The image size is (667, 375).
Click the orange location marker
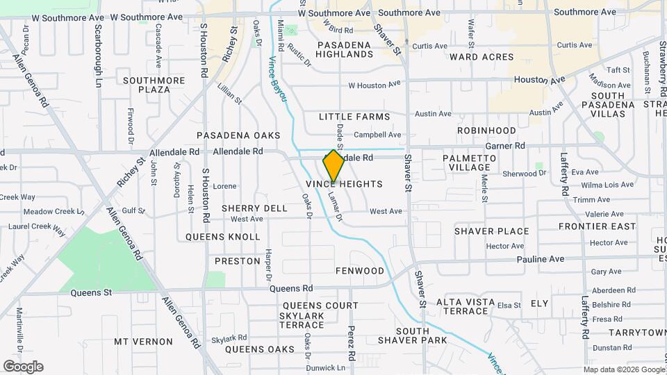[x=333, y=166]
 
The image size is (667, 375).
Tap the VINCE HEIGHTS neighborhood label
[x=344, y=184]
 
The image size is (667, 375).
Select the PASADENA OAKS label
[x=238, y=135]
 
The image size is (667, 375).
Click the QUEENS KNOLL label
[x=222, y=237]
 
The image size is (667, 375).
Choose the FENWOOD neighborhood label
[x=359, y=271]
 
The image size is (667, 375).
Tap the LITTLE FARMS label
[x=354, y=117]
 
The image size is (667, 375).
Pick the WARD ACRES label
[x=481, y=57]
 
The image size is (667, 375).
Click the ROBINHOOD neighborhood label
[x=486, y=131]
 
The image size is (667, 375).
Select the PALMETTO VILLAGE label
[x=470, y=162]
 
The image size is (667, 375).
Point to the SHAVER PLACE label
[x=491, y=231]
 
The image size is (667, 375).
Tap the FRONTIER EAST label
[x=597, y=226]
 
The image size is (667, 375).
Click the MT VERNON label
[x=143, y=342]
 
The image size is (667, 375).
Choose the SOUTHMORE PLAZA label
[x=154, y=85]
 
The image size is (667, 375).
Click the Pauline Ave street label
[x=541, y=259]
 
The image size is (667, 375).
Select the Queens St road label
[x=91, y=293]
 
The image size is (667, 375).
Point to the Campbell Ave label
[x=377, y=135]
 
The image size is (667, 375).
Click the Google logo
[x=23, y=367]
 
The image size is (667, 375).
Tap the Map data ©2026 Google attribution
[x=623, y=369]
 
